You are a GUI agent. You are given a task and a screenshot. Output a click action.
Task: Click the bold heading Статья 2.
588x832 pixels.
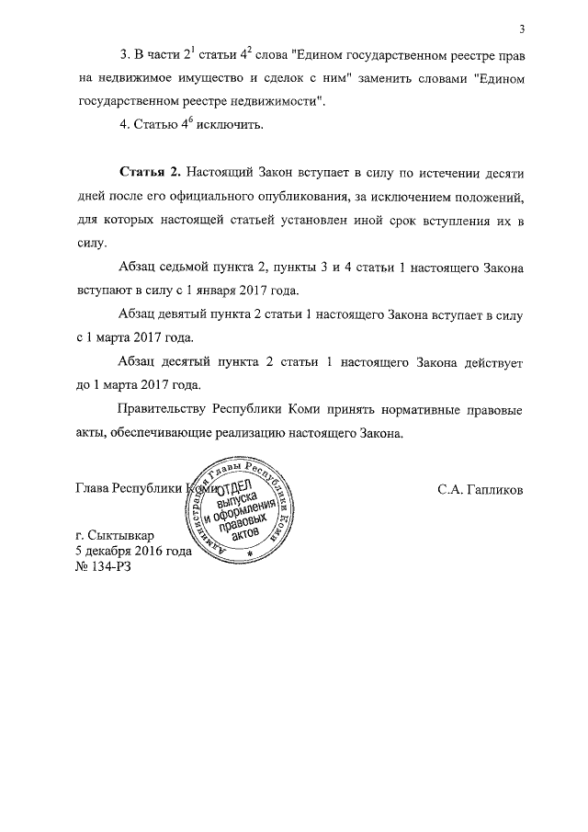(x=151, y=173)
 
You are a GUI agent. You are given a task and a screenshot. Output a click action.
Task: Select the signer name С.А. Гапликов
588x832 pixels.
(x=481, y=489)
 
